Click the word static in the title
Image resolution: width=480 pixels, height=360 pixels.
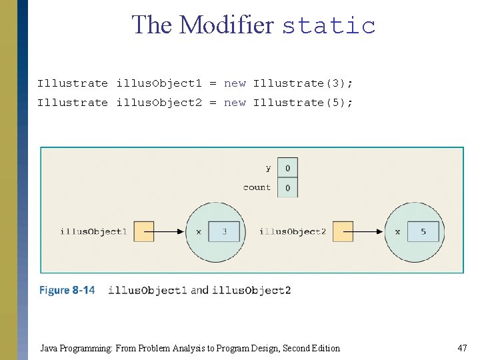(x=329, y=25)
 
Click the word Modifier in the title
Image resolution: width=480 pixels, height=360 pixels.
(x=226, y=25)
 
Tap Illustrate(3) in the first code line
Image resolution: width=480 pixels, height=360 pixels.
(x=303, y=83)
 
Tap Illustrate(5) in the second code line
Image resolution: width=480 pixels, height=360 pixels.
(x=303, y=103)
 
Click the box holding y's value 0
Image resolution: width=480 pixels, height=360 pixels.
(x=287, y=168)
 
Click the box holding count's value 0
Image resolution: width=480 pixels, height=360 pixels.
(x=287, y=188)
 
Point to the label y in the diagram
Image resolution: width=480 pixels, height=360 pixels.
(x=268, y=168)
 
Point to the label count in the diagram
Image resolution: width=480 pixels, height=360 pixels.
(x=257, y=187)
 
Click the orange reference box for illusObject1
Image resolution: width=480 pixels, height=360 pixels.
(x=143, y=231)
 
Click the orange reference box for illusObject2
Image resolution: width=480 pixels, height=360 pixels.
(x=343, y=231)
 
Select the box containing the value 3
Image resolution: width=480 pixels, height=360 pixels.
(x=223, y=231)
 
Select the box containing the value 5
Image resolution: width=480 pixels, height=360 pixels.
(x=423, y=231)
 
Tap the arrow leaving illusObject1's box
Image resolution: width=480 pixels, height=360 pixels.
(x=169, y=231)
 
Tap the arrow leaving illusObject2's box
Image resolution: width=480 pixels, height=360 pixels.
(x=368, y=231)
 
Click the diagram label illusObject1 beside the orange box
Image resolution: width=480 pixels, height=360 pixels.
(x=93, y=231)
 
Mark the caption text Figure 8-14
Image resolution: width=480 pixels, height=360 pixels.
(x=67, y=290)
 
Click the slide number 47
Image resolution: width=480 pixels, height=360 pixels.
(x=462, y=348)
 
